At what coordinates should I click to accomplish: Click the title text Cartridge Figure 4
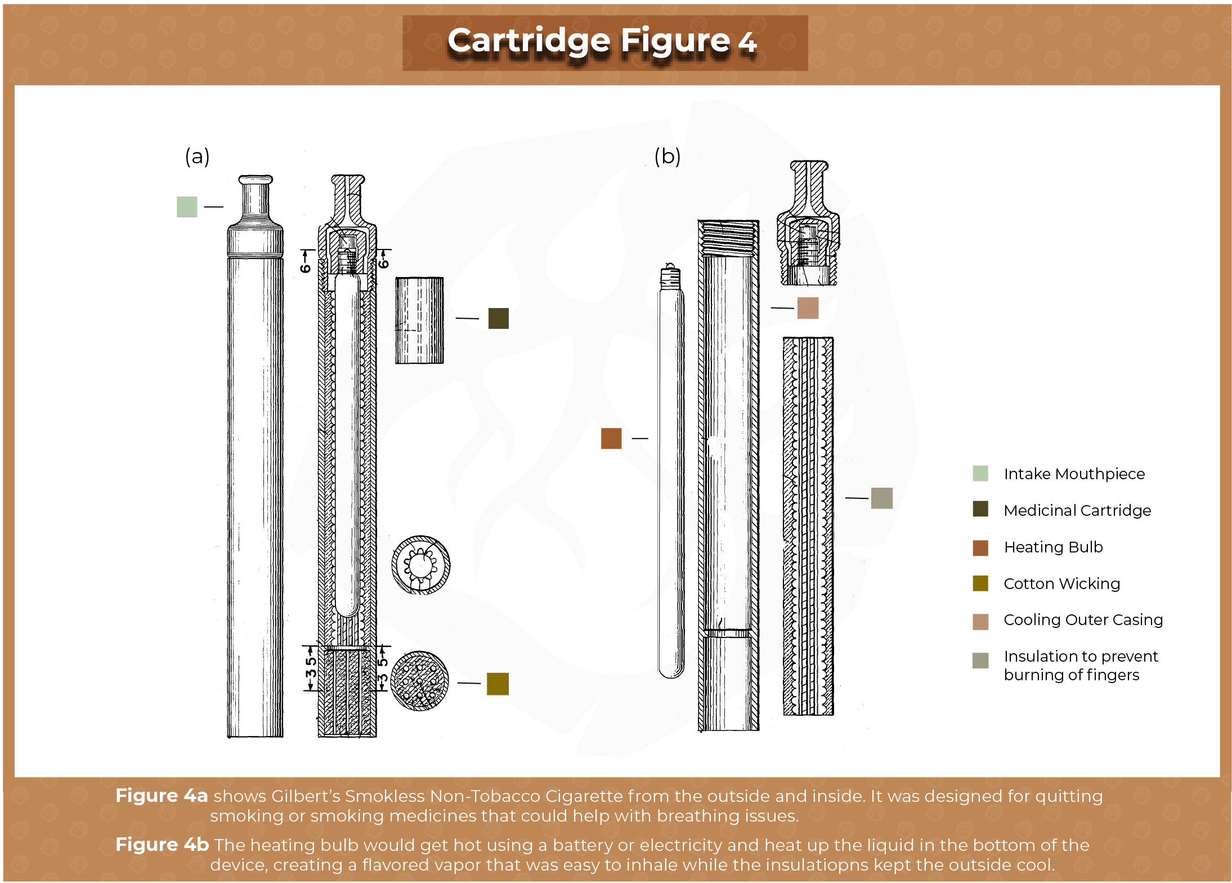(602, 42)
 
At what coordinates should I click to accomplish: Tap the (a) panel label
(197, 157)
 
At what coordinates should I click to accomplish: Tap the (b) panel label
(667, 157)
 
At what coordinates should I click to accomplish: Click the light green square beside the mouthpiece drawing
(187, 207)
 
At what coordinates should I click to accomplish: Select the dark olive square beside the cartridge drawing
(498, 318)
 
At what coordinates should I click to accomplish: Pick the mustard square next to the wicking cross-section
(498, 684)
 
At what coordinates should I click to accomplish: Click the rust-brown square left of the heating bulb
(611, 438)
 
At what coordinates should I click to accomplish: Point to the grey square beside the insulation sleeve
(881, 498)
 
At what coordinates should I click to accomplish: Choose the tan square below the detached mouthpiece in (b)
(808, 308)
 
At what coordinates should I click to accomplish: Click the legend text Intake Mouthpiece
(1074, 474)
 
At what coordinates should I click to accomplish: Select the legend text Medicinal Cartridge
(1077, 510)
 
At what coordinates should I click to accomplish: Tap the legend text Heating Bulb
(1053, 547)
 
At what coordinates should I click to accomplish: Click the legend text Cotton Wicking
(1061, 583)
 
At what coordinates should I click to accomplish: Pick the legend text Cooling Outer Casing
(1083, 619)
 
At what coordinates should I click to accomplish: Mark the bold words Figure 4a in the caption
(162, 796)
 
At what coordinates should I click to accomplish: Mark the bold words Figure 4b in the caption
(162, 845)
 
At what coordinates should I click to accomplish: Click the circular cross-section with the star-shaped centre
(420, 565)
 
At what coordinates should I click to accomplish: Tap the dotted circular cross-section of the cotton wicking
(419, 681)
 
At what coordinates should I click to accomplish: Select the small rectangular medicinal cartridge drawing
(419, 320)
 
